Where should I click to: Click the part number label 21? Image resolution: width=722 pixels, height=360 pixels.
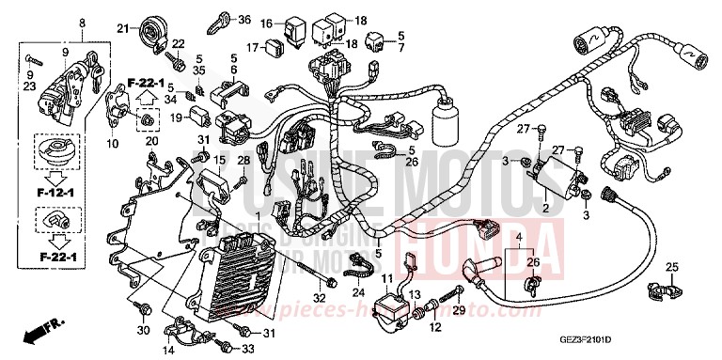[x=121, y=28]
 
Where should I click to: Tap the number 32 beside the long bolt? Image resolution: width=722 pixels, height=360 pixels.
[x=320, y=299]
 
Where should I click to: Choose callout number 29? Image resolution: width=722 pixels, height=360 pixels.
[x=459, y=311]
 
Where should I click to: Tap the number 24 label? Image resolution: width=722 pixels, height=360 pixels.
[x=357, y=292]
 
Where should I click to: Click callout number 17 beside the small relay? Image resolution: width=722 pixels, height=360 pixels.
[x=253, y=47]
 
